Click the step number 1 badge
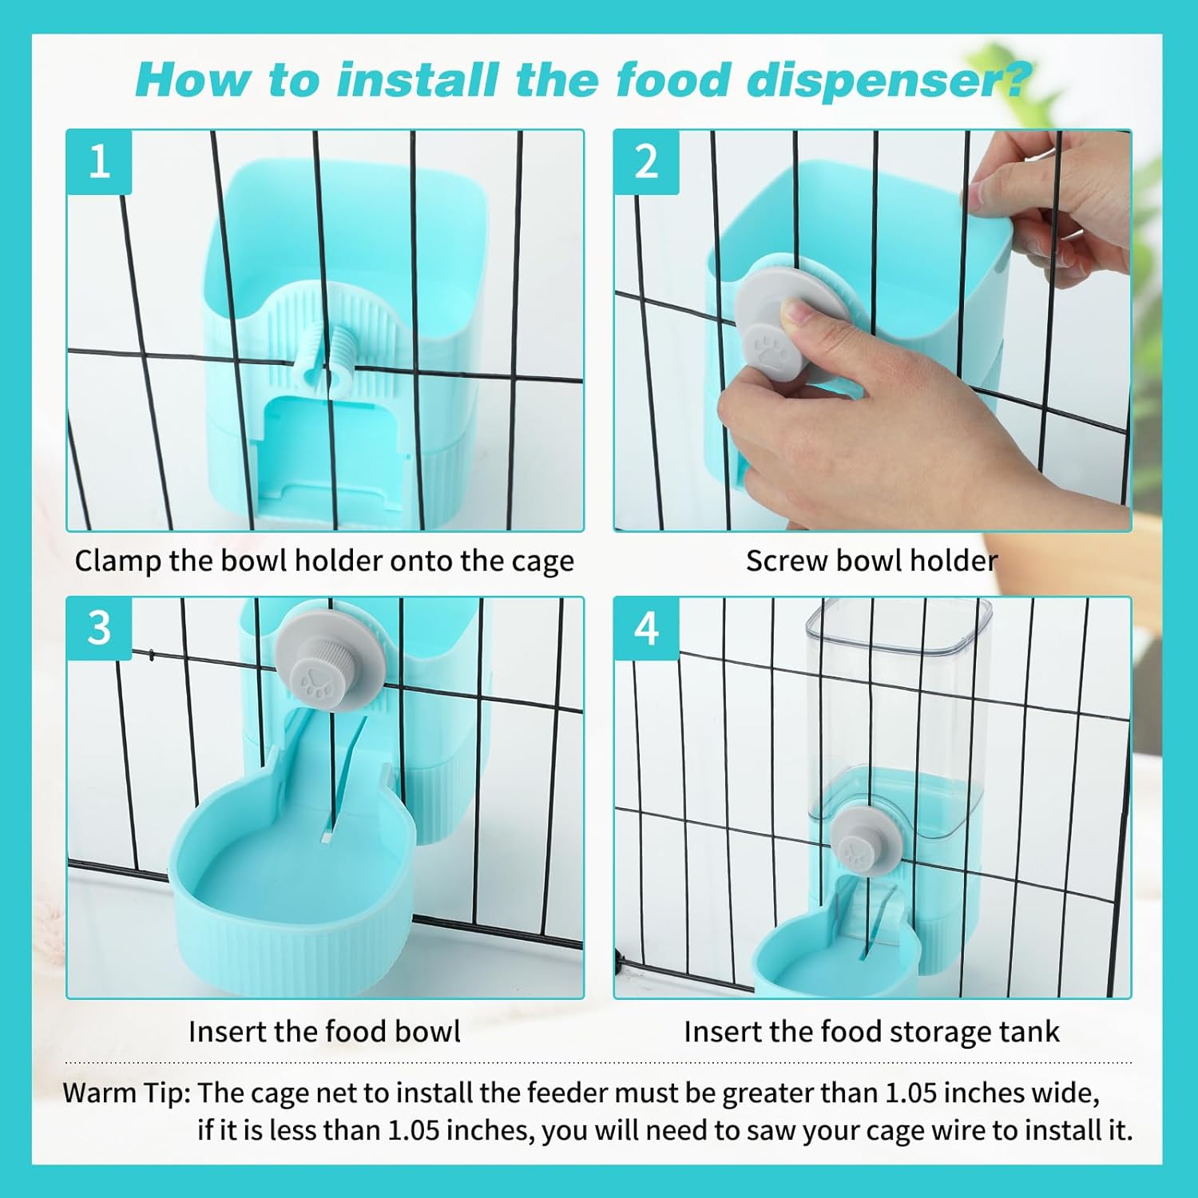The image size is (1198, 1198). pyautogui.click(x=99, y=162)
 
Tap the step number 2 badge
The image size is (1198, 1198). pyautogui.click(x=646, y=162)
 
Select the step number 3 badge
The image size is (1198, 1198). pyautogui.click(x=99, y=629)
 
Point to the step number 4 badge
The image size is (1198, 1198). pyautogui.click(x=646, y=629)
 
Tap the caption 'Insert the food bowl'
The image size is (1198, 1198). pyautogui.click(x=324, y=1031)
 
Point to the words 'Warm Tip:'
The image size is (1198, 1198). pyautogui.click(x=126, y=1093)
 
